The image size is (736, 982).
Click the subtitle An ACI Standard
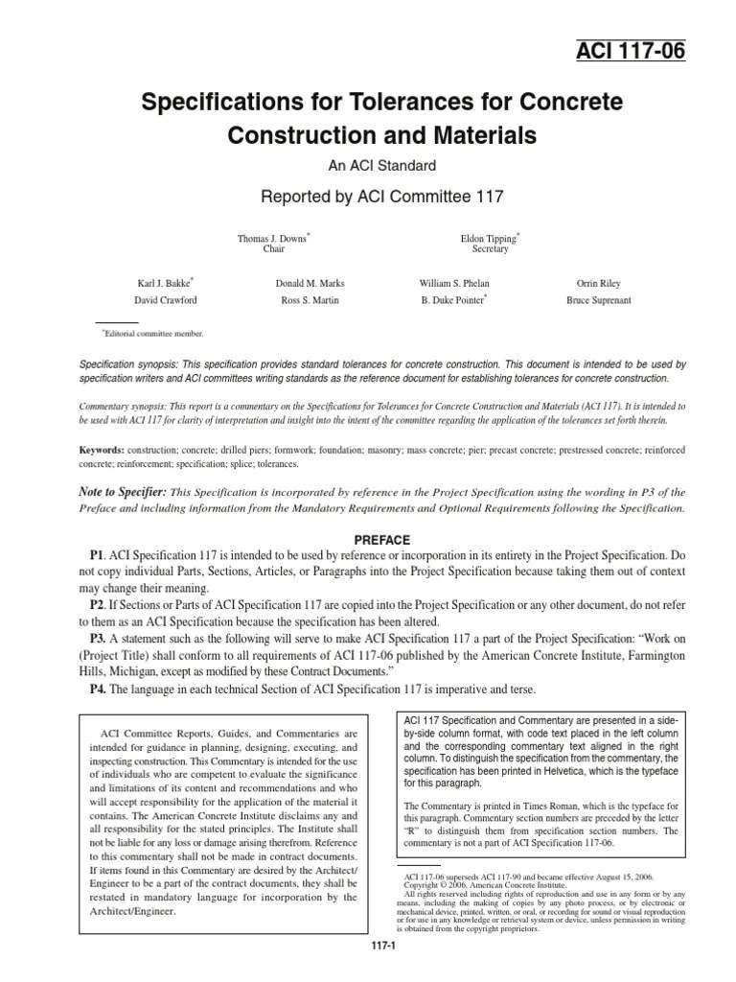tap(368, 165)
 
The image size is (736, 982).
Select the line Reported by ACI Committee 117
tap(368, 197)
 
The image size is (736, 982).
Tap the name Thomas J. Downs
tap(273, 238)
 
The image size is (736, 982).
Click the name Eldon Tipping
tap(489, 238)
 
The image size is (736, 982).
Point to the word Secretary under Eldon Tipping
tap(490, 249)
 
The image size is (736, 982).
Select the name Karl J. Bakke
tap(164, 284)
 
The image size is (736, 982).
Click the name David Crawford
tap(165, 299)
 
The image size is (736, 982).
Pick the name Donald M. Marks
tap(310, 284)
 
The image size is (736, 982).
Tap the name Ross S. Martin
tap(310, 299)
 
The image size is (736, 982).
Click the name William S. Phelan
tap(455, 284)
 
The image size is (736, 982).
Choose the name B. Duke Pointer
tap(453, 299)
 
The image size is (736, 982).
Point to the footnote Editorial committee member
tap(153, 334)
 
